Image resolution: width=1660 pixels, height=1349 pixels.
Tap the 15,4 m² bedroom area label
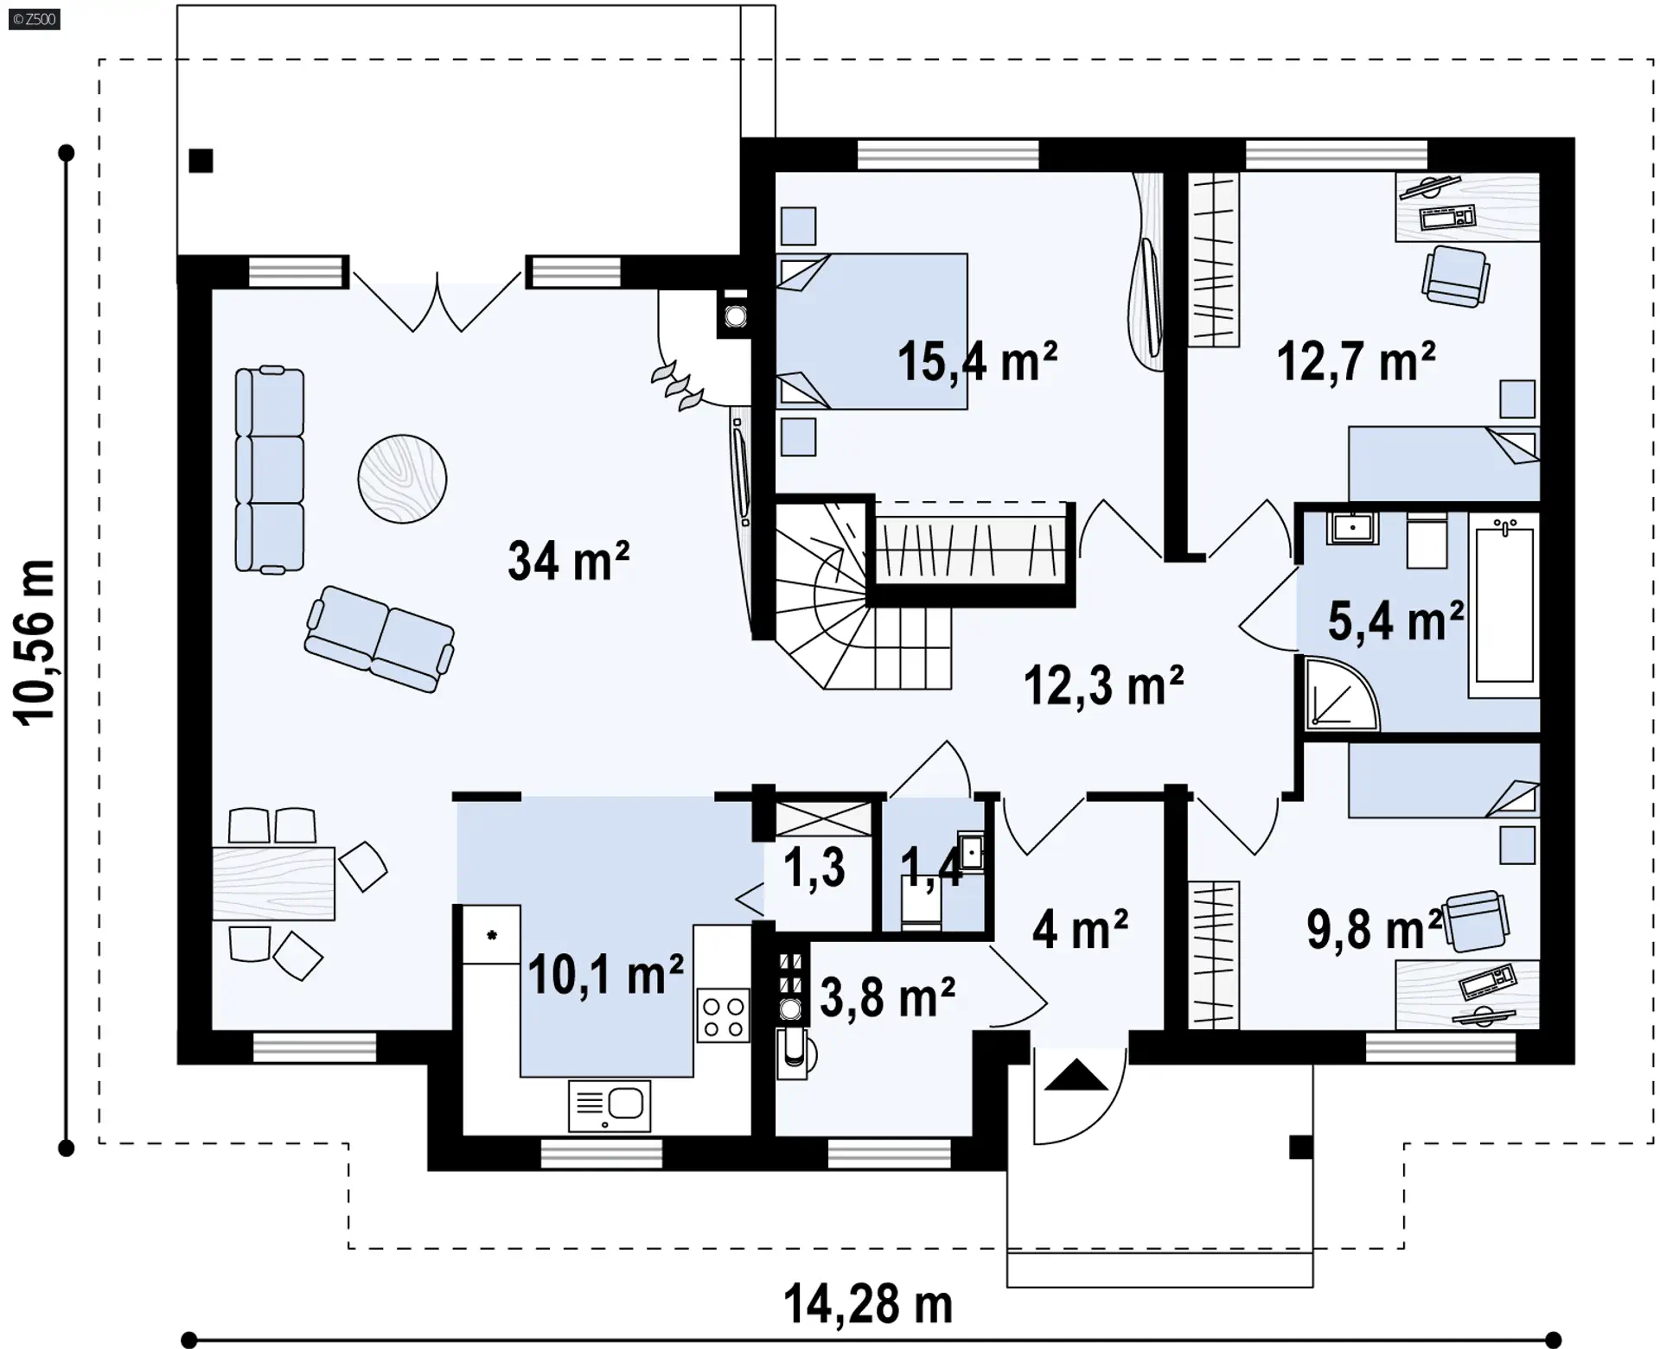click(977, 361)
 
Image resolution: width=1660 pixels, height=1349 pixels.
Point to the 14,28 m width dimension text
click(868, 1304)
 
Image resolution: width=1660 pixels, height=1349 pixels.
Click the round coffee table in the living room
click(402, 478)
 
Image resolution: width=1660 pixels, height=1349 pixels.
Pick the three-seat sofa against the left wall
click(270, 469)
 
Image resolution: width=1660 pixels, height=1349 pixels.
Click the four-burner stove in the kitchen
click(723, 1016)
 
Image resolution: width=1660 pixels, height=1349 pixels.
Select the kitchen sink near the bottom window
click(610, 1105)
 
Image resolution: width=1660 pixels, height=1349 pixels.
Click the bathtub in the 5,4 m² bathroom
click(1504, 606)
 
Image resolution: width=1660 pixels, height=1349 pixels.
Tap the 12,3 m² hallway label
click(1103, 685)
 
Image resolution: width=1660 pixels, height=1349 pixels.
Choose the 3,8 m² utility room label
click(887, 997)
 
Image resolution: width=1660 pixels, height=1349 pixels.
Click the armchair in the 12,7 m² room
click(1456, 276)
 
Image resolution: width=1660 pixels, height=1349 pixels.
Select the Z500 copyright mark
click(35, 19)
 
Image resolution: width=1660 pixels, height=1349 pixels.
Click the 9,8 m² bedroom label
click(1375, 929)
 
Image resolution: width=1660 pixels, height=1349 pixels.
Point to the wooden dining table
click(273, 883)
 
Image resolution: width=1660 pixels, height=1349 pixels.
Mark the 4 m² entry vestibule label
click(1080, 930)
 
